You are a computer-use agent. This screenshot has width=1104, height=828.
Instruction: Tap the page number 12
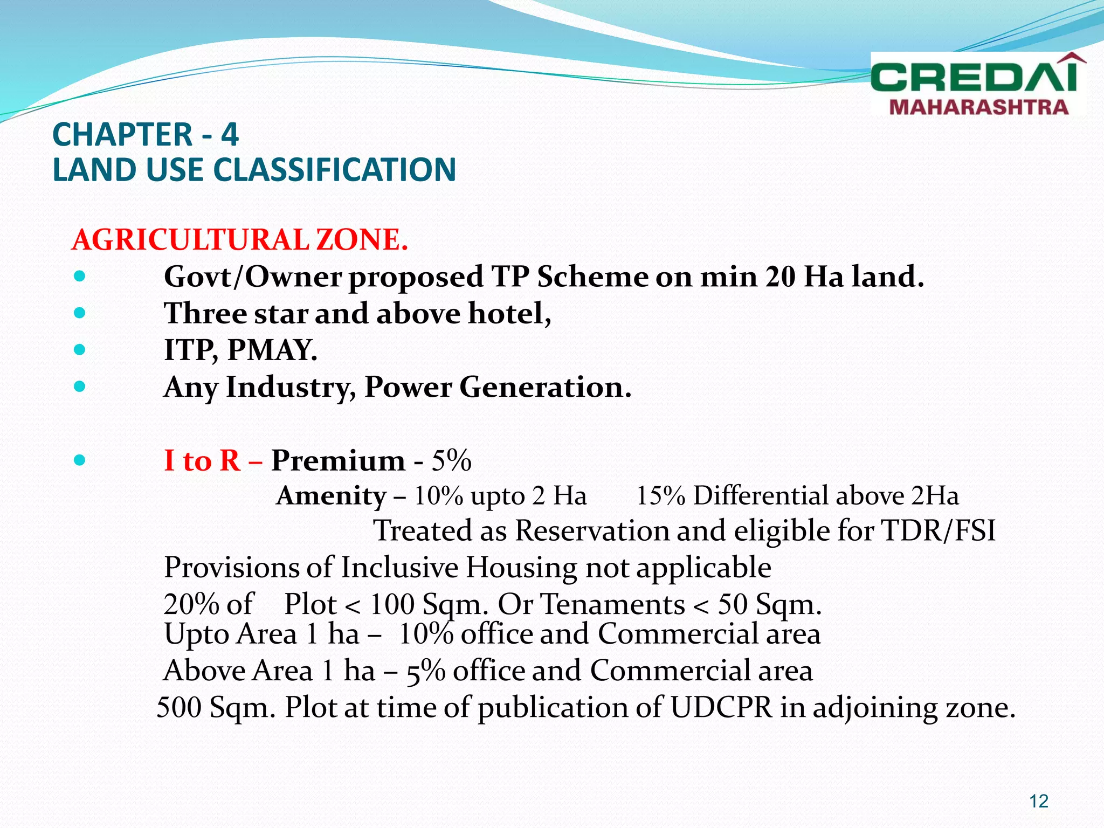pos(1039,801)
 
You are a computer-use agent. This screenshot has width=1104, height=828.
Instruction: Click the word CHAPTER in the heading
pos(122,135)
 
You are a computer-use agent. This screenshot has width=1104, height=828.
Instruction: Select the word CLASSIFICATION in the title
pos(335,170)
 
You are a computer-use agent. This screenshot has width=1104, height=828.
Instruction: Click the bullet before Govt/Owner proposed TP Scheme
pos(80,277)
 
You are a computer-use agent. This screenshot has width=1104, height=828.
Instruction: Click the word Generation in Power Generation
pos(544,387)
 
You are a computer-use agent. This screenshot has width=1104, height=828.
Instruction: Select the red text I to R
pos(202,461)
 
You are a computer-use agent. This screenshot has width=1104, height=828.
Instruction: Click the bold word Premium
pos(337,461)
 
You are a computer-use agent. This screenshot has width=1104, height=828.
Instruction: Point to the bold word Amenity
pos(331,496)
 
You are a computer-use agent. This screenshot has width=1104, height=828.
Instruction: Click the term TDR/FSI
pos(938,531)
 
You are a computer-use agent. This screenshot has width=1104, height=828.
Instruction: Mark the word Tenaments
pos(612,604)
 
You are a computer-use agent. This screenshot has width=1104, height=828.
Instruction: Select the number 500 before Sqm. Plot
pos(178,707)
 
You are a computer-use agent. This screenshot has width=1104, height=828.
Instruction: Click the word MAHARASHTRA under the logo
pos(978,107)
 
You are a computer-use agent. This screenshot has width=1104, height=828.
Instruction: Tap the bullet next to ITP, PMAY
pos(80,350)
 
